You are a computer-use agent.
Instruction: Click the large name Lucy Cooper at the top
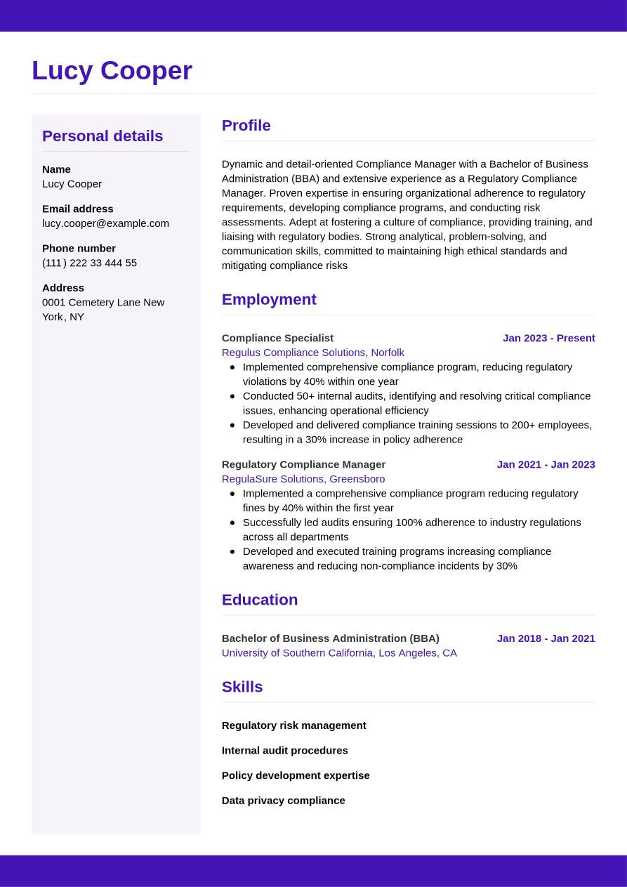click(112, 71)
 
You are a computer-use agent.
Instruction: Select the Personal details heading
click(103, 136)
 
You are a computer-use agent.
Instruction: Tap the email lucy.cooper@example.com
click(105, 223)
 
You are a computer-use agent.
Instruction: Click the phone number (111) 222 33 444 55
click(89, 263)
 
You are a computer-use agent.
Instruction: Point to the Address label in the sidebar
click(63, 288)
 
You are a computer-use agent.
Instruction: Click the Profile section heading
click(246, 126)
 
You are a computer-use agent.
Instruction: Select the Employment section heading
click(269, 300)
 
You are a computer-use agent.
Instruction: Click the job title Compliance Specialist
click(277, 338)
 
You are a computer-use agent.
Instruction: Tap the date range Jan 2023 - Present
click(548, 338)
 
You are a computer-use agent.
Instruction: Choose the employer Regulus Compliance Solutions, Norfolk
click(312, 353)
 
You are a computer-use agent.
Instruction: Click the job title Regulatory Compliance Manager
click(303, 464)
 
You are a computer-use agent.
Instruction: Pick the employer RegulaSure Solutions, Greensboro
click(303, 479)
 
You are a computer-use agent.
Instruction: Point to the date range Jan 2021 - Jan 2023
click(546, 464)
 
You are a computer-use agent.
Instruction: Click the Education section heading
click(260, 600)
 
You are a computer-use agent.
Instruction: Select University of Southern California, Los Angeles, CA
click(339, 653)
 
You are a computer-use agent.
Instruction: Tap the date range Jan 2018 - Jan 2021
click(546, 638)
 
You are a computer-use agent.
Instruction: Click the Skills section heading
click(242, 687)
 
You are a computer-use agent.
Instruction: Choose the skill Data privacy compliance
click(283, 801)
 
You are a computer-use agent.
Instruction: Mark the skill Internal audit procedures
click(284, 751)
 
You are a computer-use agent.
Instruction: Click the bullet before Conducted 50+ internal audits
click(232, 396)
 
